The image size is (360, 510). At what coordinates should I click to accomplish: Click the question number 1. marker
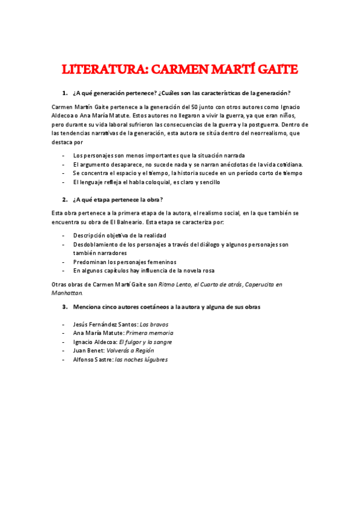pyautogui.click(x=64, y=93)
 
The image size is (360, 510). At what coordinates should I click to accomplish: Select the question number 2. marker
pyautogui.click(x=64, y=199)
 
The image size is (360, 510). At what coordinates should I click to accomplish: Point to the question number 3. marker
pyautogui.click(x=64, y=306)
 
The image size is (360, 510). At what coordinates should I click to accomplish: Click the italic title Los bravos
pyautogui.click(x=154, y=324)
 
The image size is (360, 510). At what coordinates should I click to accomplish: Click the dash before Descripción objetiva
pyautogui.click(x=64, y=235)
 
